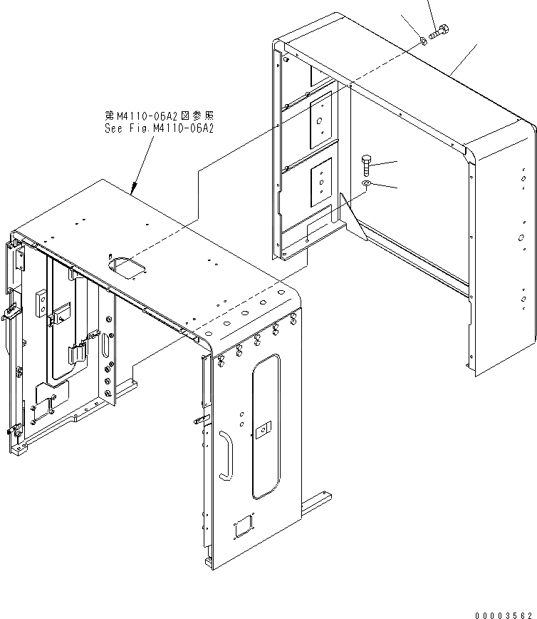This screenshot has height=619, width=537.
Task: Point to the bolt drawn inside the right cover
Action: [366, 167]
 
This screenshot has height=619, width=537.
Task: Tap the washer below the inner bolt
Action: [366, 185]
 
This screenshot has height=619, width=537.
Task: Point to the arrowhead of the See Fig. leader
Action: [133, 190]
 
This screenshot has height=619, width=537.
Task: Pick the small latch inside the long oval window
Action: [263, 429]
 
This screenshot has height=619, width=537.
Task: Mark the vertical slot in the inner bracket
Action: [106, 347]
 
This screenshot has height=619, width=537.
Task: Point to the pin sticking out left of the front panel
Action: [199, 421]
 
